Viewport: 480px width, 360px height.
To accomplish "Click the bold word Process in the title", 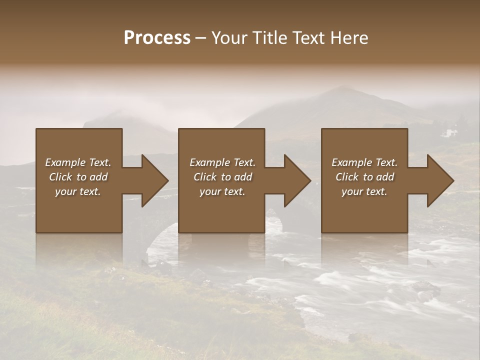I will tap(157, 38).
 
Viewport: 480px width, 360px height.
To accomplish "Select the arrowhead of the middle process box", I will tap(297, 180).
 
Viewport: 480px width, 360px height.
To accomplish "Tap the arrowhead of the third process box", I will tap(440, 180).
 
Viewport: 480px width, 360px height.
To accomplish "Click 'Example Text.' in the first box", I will tap(78, 162).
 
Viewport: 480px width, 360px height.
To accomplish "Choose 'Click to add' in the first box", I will tap(78, 177).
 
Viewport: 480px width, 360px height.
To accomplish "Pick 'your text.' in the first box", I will tap(78, 191).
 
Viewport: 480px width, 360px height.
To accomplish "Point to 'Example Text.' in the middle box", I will tap(222, 162).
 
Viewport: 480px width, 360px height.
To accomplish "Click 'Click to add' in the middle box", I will tap(222, 177).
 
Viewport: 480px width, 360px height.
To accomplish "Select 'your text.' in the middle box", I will tap(222, 191).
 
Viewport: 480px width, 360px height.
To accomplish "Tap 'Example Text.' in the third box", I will tap(364, 162).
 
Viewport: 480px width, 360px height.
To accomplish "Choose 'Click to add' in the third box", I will tap(364, 177).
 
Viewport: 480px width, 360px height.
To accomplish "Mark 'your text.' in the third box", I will tap(364, 191).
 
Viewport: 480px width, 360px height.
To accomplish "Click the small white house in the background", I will tap(450, 133).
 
